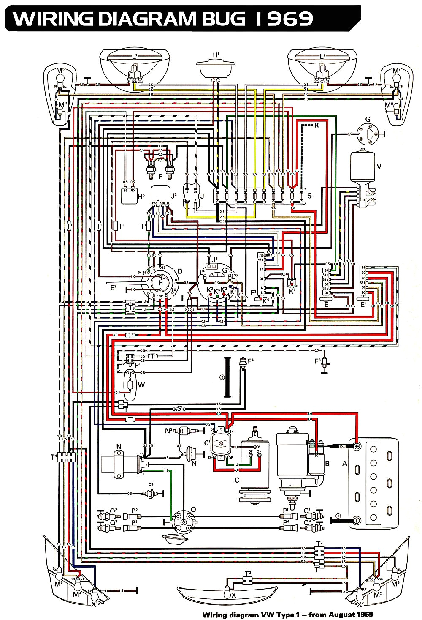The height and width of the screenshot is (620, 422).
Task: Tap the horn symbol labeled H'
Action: pyautogui.click(x=216, y=68)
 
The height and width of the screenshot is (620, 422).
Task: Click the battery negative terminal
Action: pyautogui.click(x=357, y=520)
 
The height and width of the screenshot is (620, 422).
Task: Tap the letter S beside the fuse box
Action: pyautogui.click(x=309, y=196)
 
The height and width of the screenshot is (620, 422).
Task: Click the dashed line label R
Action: pyautogui.click(x=316, y=125)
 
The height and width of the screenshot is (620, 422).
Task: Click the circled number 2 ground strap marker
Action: pyautogui.click(x=222, y=377)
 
